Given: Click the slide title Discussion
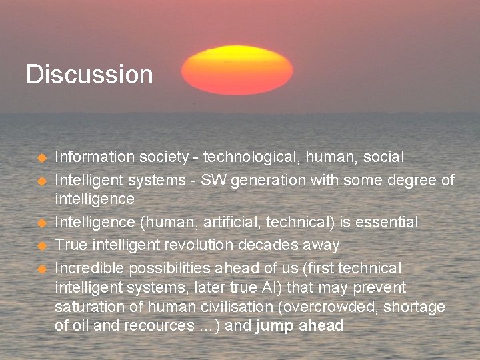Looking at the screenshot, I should click(x=89, y=74).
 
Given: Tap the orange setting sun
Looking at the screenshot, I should click(x=237, y=70).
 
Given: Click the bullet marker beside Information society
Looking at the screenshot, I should click(x=41, y=158).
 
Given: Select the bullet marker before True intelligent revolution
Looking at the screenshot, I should click(x=41, y=246).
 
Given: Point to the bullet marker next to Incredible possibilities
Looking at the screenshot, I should click(x=41, y=269).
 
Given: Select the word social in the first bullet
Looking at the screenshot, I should click(x=383, y=157).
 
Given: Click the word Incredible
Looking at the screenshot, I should click(x=89, y=268).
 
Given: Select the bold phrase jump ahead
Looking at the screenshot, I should click(x=300, y=326).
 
